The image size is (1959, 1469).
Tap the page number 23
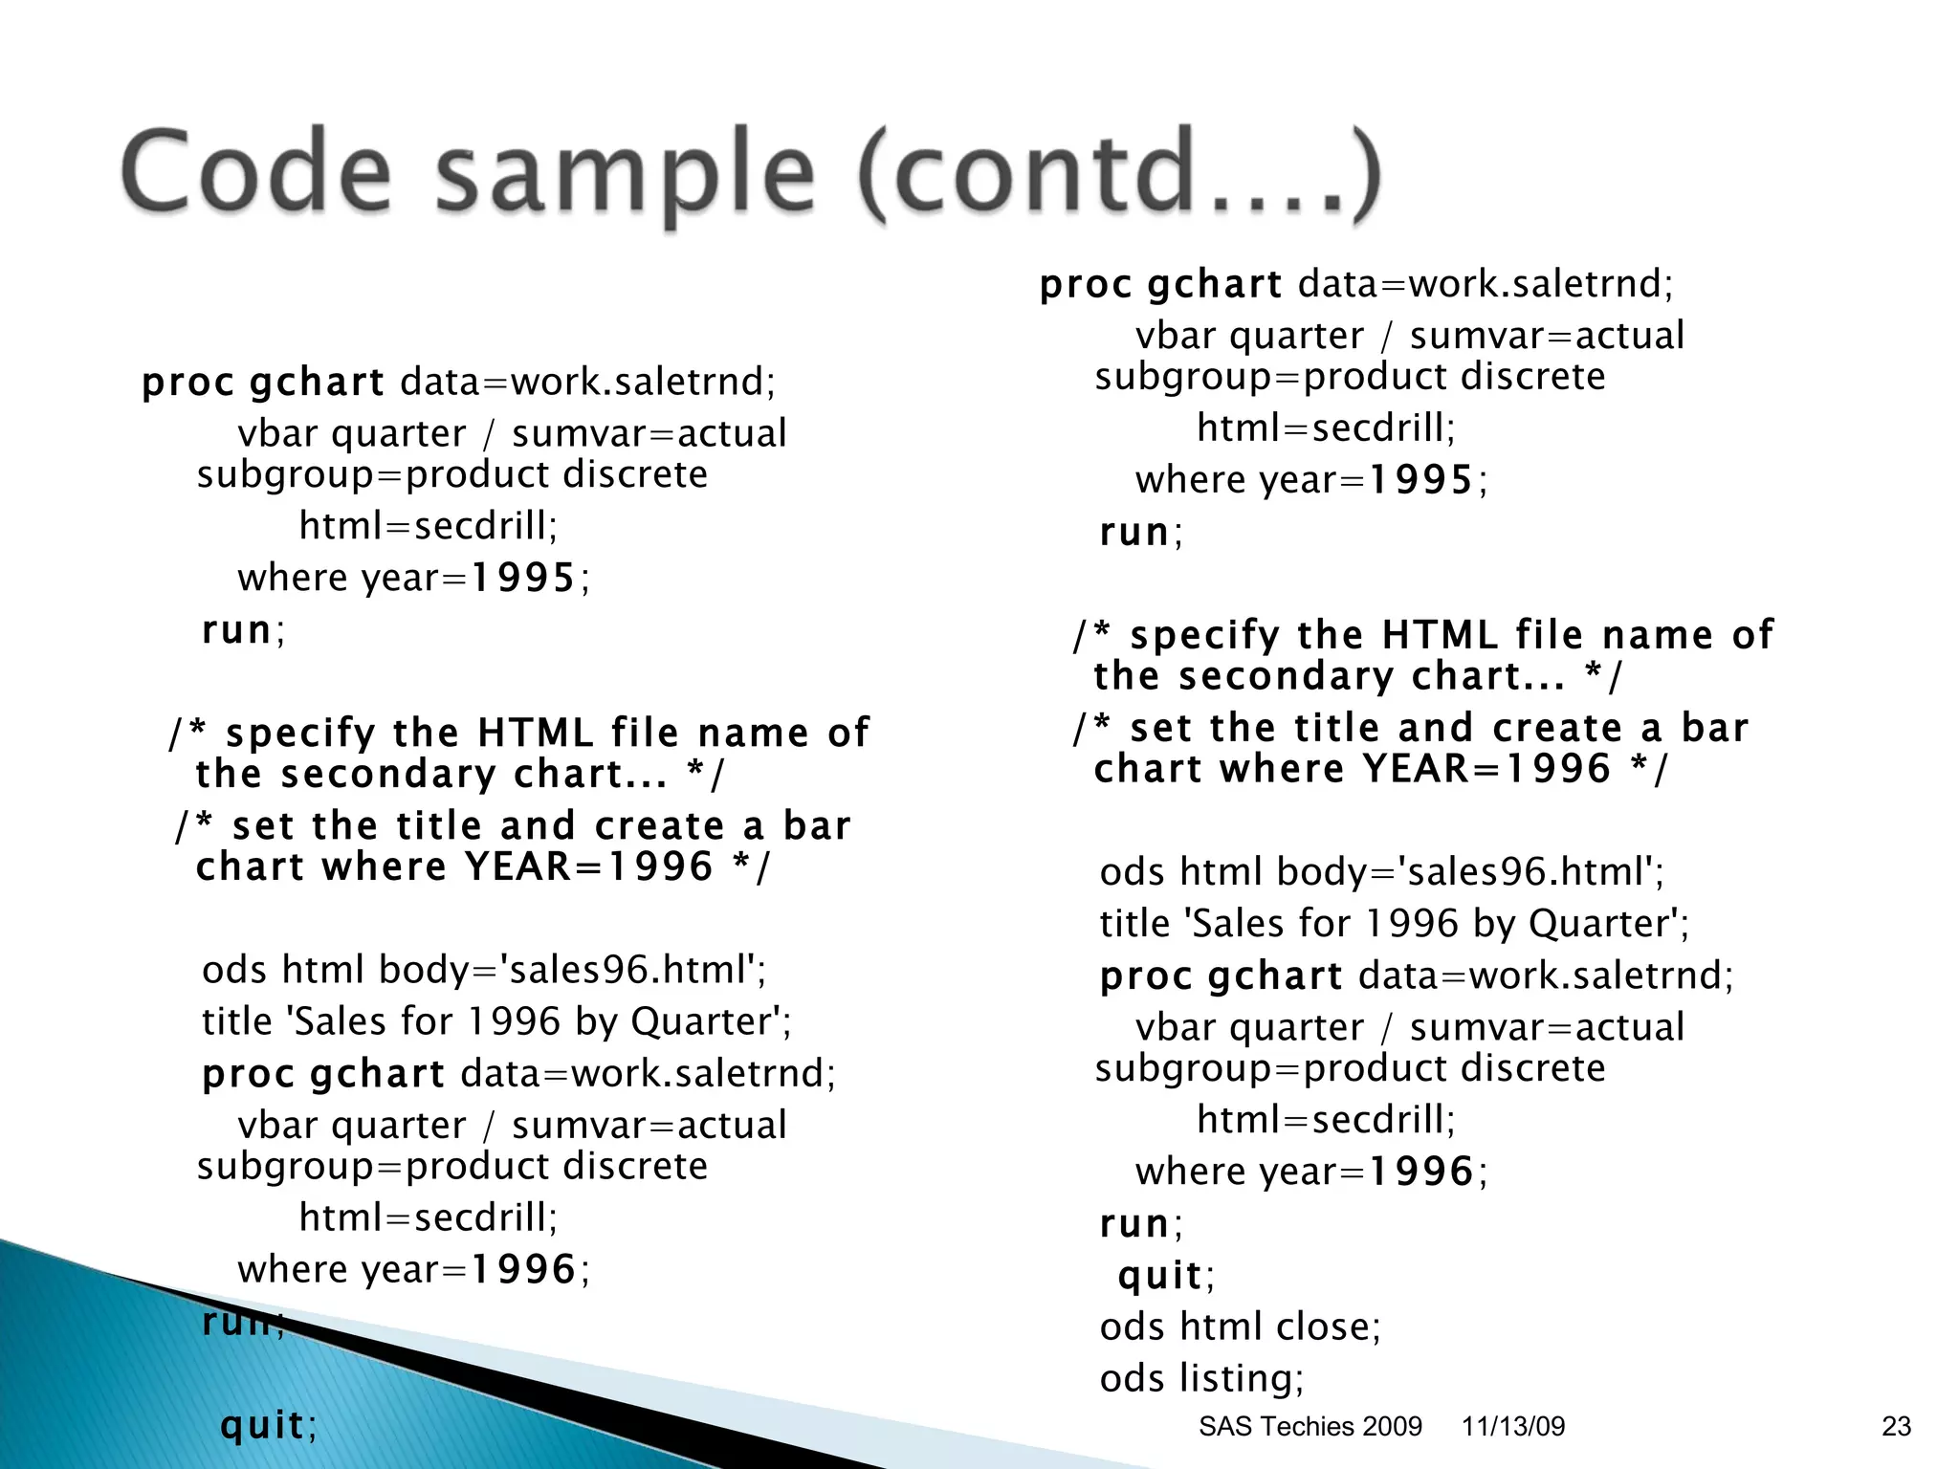tap(1896, 1427)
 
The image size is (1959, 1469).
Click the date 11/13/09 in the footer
tap(1513, 1427)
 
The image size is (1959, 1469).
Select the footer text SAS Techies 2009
tap(1310, 1427)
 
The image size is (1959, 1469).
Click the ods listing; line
tap(1201, 1378)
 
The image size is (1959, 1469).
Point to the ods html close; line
tap(1240, 1326)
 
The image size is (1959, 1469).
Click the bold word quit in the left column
tap(262, 1425)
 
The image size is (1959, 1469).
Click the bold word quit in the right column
tap(1159, 1275)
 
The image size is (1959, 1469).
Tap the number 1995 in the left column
tap(523, 578)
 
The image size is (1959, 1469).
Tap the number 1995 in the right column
tap(1420, 479)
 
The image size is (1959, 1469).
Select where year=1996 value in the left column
tap(523, 1270)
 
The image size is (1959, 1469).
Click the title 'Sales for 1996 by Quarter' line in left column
tap(495, 1021)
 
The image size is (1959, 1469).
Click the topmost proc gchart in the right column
tap(1160, 284)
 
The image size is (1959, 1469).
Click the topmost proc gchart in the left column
tap(263, 383)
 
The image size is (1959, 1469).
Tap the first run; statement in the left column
tap(243, 630)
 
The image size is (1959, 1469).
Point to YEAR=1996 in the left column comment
tap(588, 867)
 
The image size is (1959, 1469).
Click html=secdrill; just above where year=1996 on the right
tap(1326, 1120)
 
